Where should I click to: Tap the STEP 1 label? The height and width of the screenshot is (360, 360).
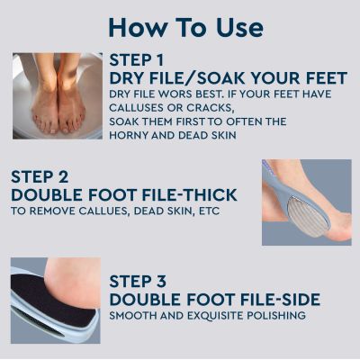coord(137,60)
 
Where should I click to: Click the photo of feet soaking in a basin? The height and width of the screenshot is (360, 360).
coord(57,95)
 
